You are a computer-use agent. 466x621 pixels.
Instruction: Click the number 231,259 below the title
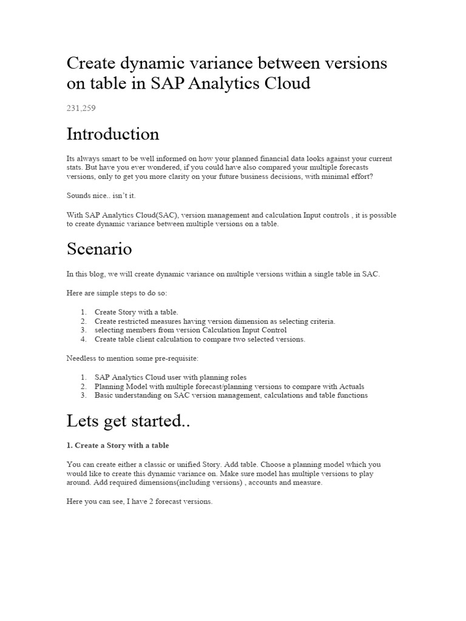pyautogui.click(x=81, y=109)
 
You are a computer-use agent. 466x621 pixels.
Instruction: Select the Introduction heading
pyautogui.click(x=113, y=134)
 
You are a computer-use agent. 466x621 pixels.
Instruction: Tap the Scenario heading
pyautogui.click(x=99, y=249)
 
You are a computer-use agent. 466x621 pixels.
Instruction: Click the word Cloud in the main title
pyautogui.click(x=285, y=84)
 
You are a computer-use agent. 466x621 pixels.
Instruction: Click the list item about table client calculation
pyautogui.click(x=200, y=339)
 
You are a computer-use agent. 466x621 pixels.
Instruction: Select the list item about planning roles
pyautogui.click(x=171, y=377)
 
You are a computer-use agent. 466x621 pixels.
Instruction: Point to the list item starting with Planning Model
pyautogui.click(x=229, y=386)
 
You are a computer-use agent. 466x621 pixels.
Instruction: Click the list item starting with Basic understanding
pyautogui.click(x=231, y=395)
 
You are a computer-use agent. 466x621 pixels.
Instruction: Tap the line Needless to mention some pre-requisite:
pyautogui.click(x=132, y=358)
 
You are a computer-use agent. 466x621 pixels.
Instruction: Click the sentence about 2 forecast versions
pyautogui.click(x=140, y=502)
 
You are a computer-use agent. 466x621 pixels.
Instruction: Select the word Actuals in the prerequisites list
pyautogui.click(x=351, y=386)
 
